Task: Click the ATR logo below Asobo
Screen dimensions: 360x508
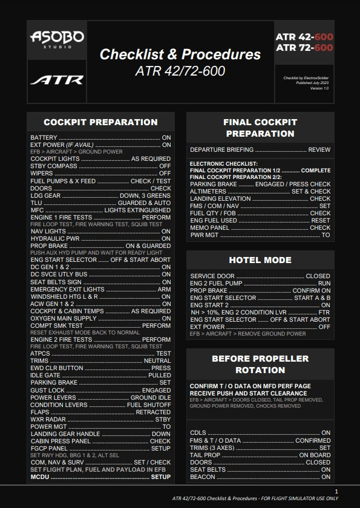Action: point(57,80)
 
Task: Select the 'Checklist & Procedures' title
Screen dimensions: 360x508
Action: point(180,54)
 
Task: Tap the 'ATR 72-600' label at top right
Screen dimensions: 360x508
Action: point(304,47)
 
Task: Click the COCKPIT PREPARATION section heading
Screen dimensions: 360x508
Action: point(100,122)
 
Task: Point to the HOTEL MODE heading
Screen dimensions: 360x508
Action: point(260,260)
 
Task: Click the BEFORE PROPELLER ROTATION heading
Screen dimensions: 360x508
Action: point(260,364)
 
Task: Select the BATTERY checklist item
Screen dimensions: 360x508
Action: point(44,138)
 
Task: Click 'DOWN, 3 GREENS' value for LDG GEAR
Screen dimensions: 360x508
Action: point(145,196)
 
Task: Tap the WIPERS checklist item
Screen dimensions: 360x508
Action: point(41,174)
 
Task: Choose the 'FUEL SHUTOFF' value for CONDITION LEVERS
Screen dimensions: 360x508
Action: point(149,405)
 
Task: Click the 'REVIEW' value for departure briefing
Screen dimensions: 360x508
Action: point(319,149)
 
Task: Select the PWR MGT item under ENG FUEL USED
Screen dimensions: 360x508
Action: point(204,235)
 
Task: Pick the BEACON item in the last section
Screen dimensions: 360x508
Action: point(202,477)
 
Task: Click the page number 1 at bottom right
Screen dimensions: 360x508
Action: point(336,490)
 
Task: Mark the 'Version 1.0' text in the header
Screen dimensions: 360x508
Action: point(319,88)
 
